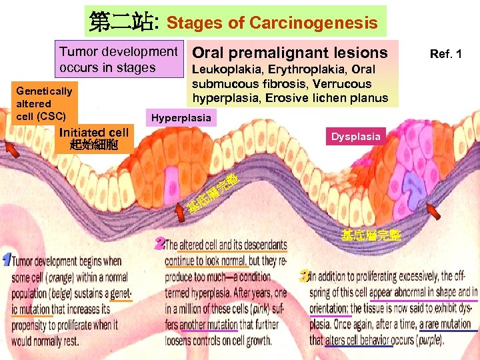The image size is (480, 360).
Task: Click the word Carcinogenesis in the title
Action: coord(313,23)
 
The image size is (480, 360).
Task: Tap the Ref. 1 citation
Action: coord(446,53)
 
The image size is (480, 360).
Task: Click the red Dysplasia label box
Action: coord(356,137)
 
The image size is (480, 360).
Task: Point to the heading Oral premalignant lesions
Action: coord(289,53)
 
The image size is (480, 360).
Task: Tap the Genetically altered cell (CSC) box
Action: coord(44,103)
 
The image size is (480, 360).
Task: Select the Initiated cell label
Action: coord(93,138)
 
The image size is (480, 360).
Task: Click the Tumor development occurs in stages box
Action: coord(119,59)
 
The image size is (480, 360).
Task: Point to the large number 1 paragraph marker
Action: coord(6,260)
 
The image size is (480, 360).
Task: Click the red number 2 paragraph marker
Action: coord(159,243)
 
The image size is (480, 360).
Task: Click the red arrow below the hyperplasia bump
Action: coord(179,211)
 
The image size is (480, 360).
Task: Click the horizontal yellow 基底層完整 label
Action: coord(370,235)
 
